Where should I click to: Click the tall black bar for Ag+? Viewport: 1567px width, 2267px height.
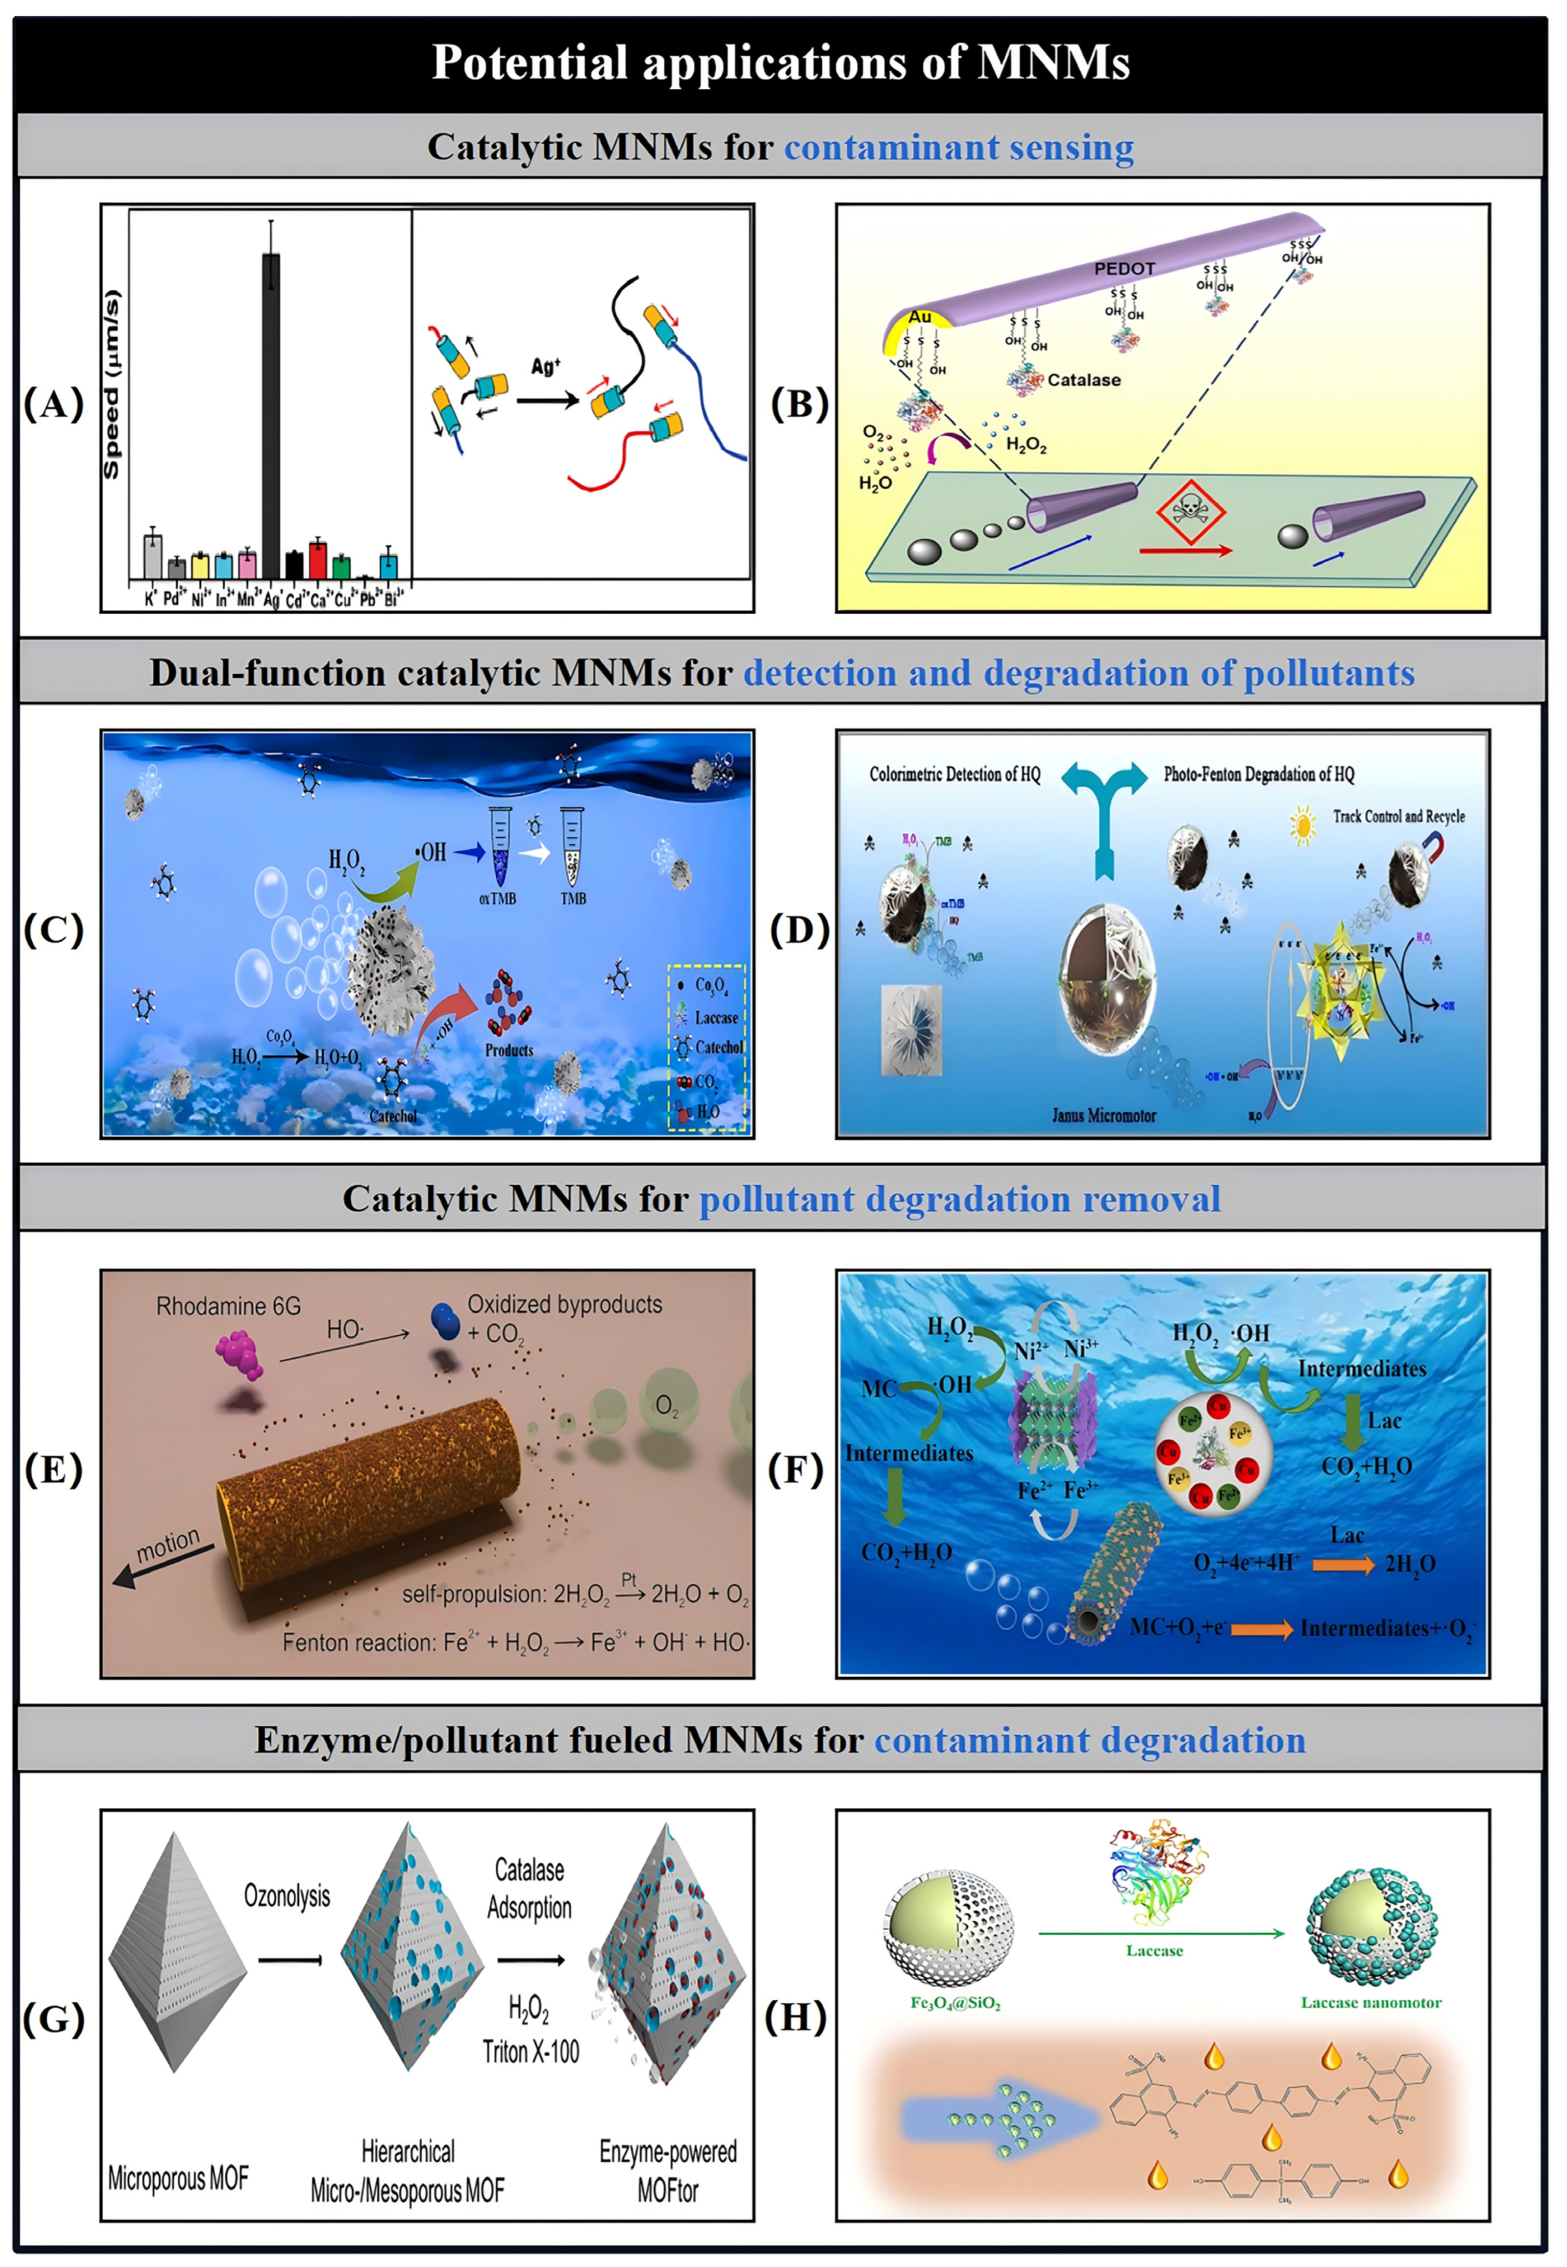click(x=270, y=412)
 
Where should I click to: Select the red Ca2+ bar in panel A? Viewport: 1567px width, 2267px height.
click(x=317, y=560)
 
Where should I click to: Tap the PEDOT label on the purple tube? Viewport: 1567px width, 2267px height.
click(x=1124, y=268)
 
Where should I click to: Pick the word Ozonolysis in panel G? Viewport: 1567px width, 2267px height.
click(x=287, y=1896)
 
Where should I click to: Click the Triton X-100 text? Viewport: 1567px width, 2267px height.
click(x=530, y=2051)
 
